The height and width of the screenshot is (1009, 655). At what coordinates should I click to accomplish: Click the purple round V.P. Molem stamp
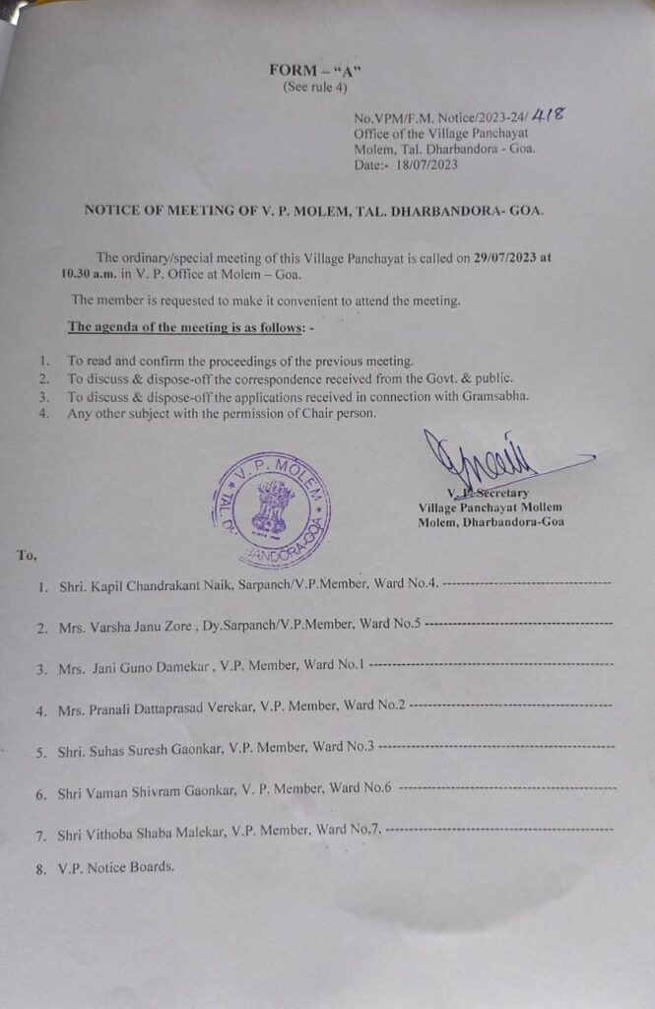(271, 509)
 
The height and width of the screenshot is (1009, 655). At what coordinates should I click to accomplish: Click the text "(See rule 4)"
(315, 87)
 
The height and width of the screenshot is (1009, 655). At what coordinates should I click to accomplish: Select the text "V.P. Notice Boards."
(116, 868)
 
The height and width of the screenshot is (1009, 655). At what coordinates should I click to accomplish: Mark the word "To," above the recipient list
(27, 556)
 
